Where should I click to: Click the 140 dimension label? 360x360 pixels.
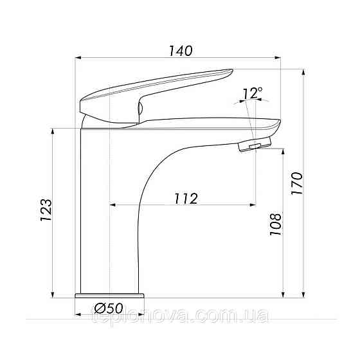point(181,51)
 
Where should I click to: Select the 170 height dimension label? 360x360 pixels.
point(297,183)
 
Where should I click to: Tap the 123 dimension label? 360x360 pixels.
point(46,210)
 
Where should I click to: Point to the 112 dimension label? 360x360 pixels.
point(186,199)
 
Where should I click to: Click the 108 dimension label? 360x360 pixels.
point(275,224)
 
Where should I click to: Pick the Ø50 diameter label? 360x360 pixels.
point(109,308)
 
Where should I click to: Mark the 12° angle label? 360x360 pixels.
point(252,93)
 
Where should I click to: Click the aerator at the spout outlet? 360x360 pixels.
point(255,144)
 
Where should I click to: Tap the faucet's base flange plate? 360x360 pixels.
point(110,295)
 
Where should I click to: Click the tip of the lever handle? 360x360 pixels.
point(232,70)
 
